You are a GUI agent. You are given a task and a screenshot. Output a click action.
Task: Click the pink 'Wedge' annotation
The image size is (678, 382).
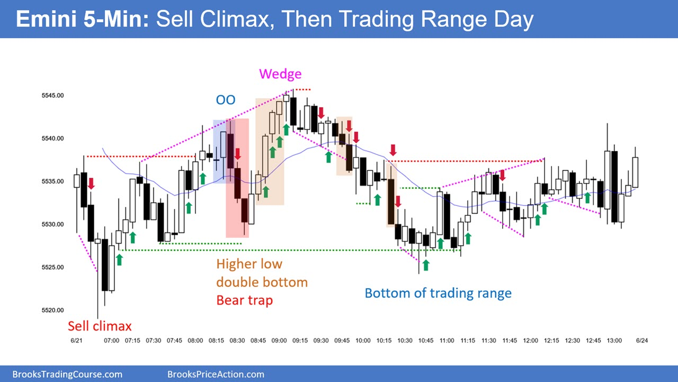pos(280,74)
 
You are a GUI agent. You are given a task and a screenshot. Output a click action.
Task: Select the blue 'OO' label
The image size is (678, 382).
pos(226,100)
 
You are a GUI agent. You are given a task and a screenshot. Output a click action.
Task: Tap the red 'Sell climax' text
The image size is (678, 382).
pos(100,326)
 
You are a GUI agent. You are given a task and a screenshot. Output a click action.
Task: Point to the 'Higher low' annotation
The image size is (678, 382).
pos(249,264)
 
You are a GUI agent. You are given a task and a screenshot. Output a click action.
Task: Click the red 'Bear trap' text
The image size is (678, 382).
pos(245,300)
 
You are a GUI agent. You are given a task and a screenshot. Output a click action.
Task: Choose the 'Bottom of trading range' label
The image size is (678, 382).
pos(438,293)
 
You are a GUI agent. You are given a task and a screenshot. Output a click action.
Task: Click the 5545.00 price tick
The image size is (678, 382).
pos(52,95)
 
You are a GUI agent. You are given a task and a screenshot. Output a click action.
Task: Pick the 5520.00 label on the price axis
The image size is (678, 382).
pos(52,310)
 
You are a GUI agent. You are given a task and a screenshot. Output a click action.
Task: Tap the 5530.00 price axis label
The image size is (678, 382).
pos(52,224)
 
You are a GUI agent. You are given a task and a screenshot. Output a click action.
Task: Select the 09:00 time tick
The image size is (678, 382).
pos(279,341)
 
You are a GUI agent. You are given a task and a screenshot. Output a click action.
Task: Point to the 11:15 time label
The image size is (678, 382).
pos(468,341)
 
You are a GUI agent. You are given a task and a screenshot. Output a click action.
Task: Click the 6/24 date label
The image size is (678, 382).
pos(642,341)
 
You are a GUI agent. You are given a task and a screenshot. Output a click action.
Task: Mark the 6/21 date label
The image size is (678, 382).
pos(76,341)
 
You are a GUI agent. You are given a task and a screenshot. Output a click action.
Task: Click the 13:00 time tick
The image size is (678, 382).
pos(614,341)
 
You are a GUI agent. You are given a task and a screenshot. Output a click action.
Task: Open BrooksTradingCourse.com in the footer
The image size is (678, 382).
pos(67,375)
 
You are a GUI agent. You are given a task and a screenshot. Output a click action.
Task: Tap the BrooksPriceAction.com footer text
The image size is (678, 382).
pos(216,375)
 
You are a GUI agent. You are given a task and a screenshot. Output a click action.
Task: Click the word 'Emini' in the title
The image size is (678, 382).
pos(46,19)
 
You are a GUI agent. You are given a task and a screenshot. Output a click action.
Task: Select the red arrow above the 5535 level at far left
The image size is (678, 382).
pos(91,184)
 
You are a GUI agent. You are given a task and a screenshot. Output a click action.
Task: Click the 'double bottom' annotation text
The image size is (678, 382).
pos(262,282)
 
